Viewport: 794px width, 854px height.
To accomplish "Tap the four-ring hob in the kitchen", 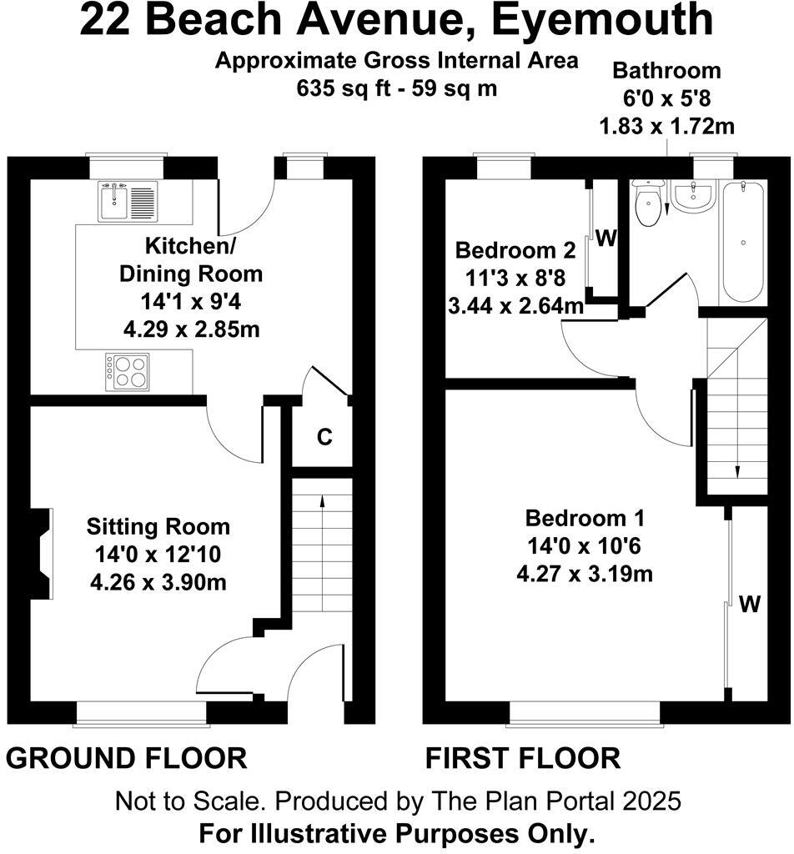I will tap(128, 372).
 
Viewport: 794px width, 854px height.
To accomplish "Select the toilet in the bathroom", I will tap(648, 203).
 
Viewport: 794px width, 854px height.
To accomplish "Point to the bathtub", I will tap(742, 242).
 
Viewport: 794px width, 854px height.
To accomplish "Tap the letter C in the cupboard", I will tap(325, 436).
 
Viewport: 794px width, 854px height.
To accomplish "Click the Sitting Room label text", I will tap(158, 527).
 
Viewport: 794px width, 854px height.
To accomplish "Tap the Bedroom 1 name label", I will tap(585, 518).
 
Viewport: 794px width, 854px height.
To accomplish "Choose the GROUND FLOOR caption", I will tap(127, 758).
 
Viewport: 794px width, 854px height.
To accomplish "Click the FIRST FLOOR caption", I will tap(523, 758).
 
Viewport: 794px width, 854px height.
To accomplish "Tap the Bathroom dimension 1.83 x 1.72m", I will tap(666, 127).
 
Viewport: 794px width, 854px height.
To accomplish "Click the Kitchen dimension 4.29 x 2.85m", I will tap(190, 329).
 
